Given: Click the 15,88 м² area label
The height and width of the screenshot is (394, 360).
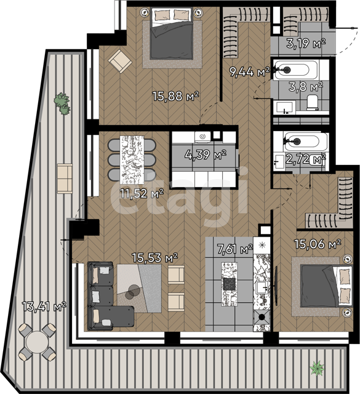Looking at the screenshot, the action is (176, 96).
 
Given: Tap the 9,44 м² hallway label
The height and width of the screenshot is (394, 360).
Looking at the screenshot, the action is (249, 72).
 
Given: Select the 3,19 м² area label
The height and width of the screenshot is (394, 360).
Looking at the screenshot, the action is (306, 43).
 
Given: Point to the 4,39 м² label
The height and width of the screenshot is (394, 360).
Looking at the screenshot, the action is (206, 155).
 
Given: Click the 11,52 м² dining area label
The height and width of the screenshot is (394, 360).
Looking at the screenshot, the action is (142, 193).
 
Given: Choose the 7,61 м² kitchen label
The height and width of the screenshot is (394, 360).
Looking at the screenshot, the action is (235, 249).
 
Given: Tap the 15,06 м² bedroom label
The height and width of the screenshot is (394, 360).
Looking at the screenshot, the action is (318, 244).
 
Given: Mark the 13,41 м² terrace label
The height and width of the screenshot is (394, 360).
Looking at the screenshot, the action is (44, 306).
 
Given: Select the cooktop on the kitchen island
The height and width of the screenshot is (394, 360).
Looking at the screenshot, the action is (230, 284).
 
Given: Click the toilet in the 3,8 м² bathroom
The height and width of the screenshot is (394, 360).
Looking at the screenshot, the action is (313, 102).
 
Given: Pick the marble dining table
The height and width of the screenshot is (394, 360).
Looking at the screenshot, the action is (132, 160).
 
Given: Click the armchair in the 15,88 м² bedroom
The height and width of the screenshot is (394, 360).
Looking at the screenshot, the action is (120, 61).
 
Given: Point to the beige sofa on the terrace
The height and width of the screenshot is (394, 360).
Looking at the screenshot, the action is (65, 179).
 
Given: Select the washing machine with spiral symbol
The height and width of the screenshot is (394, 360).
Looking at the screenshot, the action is (202, 137).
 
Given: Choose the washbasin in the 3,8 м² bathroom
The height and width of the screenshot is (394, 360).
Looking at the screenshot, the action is (284, 108).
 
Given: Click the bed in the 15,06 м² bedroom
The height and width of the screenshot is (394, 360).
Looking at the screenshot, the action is (326, 286).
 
